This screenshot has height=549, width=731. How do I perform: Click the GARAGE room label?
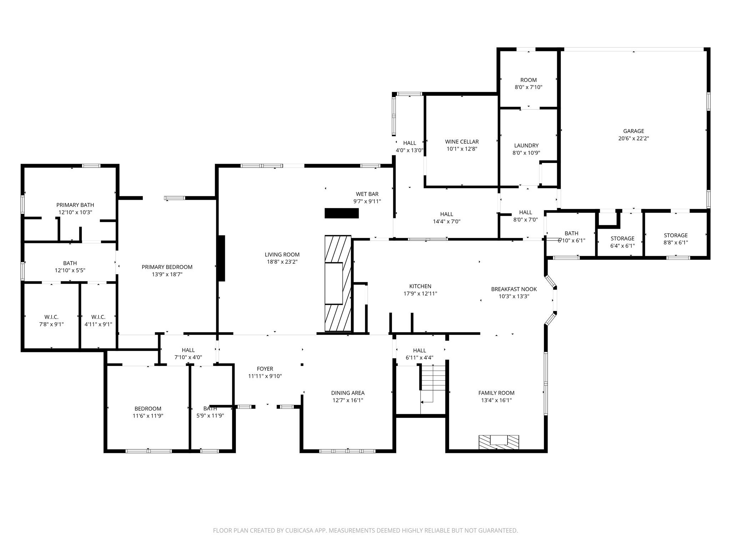click(x=634, y=131)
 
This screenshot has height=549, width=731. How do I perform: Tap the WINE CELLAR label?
click(x=462, y=142)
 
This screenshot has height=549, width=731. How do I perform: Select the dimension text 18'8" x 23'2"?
click(x=282, y=262)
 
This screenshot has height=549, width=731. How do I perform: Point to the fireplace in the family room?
click(x=499, y=442)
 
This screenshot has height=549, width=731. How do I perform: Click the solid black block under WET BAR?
click(x=341, y=213)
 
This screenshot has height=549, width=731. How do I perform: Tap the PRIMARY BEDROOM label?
click(x=167, y=267)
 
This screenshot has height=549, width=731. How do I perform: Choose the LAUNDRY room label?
click(x=526, y=145)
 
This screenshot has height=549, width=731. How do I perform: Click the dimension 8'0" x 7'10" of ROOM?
click(x=528, y=87)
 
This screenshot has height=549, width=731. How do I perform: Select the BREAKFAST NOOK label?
click(x=514, y=289)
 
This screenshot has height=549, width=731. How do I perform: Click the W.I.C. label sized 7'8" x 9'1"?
click(x=51, y=317)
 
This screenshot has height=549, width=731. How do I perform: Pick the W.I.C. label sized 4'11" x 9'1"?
click(x=98, y=317)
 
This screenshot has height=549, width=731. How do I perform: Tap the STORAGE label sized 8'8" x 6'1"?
click(x=675, y=235)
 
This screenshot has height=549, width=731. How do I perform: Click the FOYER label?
click(x=265, y=369)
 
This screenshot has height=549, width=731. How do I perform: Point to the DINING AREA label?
click(x=348, y=393)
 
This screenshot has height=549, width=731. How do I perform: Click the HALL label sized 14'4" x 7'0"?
click(x=446, y=214)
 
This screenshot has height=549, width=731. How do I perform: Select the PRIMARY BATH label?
click(x=75, y=205)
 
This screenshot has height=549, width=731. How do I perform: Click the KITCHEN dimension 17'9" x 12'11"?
click(x=420, y=294)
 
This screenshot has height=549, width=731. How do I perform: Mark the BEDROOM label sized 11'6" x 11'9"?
click(x=148, y=409)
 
